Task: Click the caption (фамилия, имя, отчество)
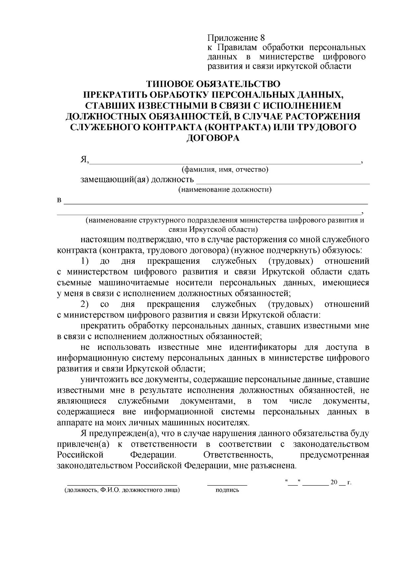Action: [225, 170]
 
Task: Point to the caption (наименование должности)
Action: [225, 190]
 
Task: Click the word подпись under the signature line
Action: [227, 490]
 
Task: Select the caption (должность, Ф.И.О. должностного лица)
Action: [122, 490]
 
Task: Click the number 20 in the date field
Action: [334, 482]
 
